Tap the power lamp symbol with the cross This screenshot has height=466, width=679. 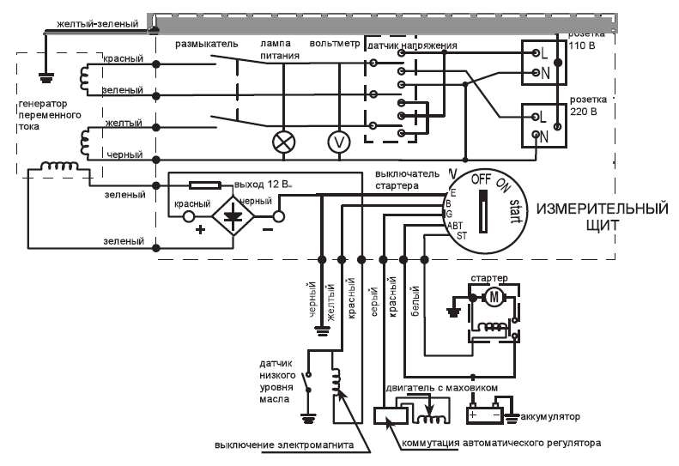283,142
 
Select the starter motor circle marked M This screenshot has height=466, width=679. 494,298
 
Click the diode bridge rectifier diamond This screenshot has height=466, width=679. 233,215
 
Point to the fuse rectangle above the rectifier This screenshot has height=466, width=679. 206,185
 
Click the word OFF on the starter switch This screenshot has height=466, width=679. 481,179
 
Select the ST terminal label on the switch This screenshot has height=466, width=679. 462,236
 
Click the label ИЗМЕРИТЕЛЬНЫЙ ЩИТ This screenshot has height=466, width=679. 603,216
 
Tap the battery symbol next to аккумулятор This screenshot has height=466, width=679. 484,415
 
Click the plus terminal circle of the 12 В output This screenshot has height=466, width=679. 189,216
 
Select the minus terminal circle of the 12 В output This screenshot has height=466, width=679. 279,216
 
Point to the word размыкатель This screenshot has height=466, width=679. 207,44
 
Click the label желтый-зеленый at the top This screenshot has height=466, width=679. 98,24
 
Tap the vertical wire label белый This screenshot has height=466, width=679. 415,300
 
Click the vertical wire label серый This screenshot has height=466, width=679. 374,301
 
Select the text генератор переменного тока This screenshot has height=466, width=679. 50,115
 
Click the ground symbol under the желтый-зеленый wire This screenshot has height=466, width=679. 46,77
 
